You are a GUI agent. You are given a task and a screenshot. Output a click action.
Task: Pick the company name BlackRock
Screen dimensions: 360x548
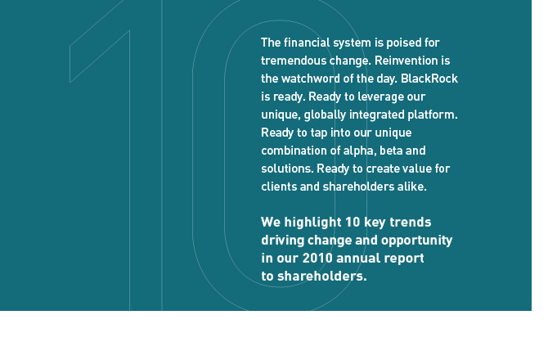[x=429, y=79]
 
